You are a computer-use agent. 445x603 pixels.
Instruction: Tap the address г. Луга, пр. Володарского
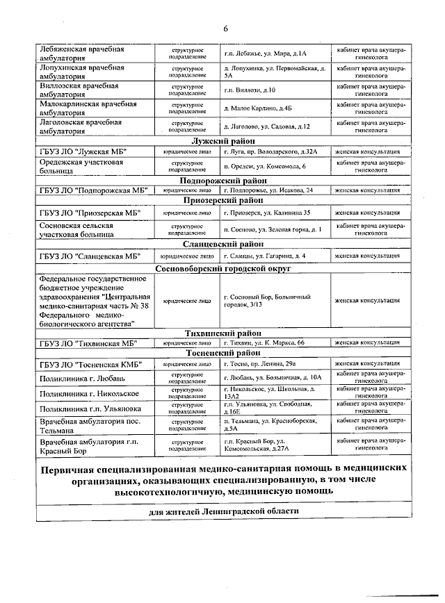click(x=270, y=151)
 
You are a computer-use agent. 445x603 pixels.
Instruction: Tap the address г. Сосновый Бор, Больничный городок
click(x=267, y=301)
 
